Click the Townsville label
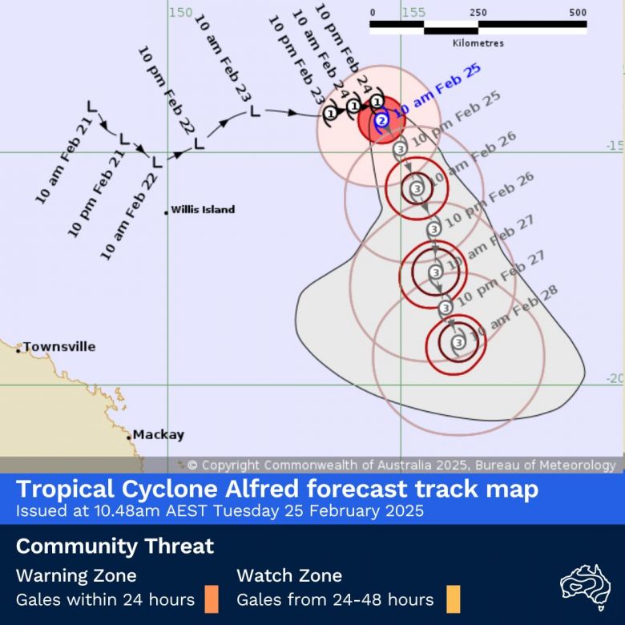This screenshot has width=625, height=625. (59, 347)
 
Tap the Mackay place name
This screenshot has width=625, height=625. (158, 435)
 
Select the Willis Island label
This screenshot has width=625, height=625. (203, 210)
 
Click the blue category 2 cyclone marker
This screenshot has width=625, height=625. (382, 120)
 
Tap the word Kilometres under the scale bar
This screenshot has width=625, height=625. (478, 43)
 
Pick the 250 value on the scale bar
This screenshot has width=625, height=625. (478, 12)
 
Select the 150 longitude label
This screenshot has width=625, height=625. (181, 12)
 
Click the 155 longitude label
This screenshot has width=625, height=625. (413, 12)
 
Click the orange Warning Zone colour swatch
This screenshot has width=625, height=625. (212, 599)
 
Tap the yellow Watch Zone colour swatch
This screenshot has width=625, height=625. (453, 599)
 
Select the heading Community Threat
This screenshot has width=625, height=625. (115, 546)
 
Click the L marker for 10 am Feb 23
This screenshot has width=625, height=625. (255, 111)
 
